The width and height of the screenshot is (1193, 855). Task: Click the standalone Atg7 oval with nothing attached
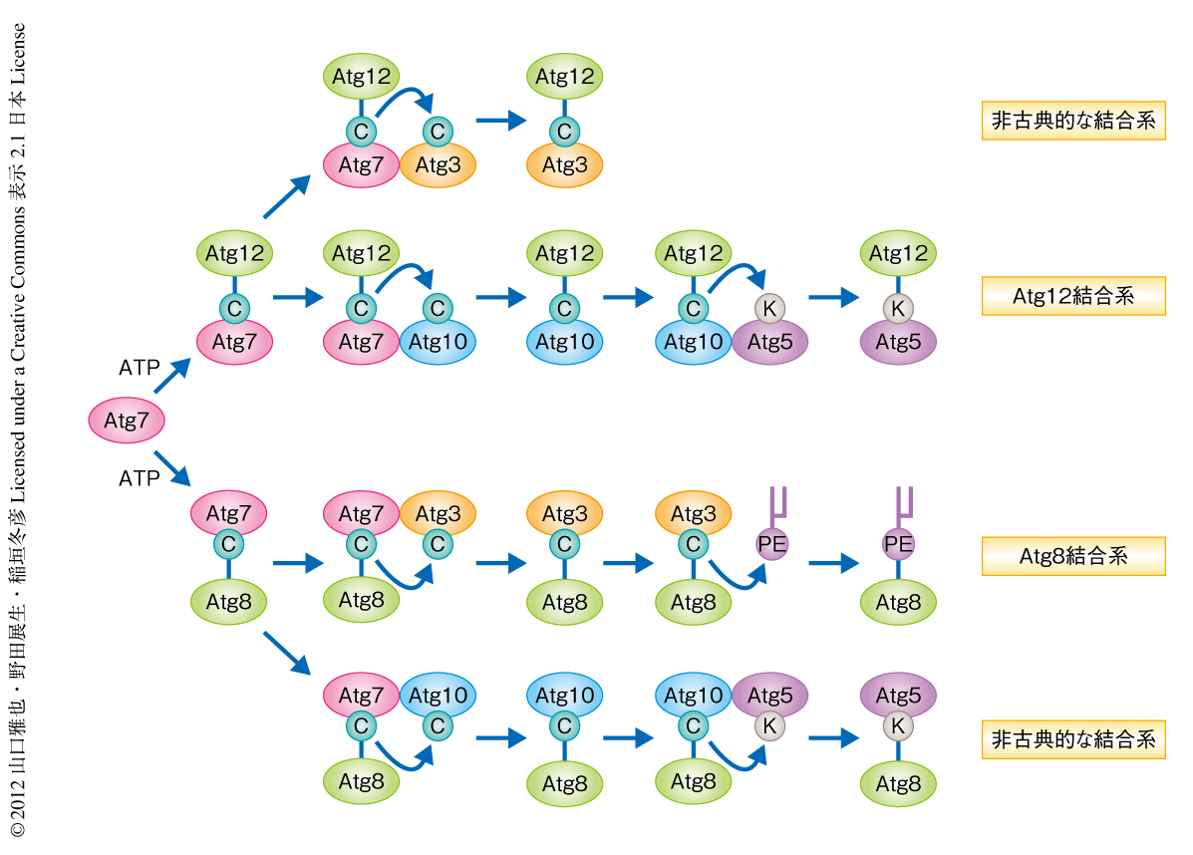[x=127, y=421]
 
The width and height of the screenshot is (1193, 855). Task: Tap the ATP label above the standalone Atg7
[x=139, y=368]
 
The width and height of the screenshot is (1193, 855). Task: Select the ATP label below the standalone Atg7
[x=139, y=479]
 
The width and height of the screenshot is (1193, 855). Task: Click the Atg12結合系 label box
[x=1073, y=296]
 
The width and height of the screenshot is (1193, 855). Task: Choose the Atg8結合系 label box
[x=1073, y=556]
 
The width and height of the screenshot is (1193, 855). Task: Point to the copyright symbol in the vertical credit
[x=17, y=828]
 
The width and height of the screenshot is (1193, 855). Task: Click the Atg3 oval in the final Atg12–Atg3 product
[x=565, y=165]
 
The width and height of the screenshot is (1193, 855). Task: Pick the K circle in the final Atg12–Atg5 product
[x=898, y=309]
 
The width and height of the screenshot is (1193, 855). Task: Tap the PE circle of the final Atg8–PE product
[x=898, y=544]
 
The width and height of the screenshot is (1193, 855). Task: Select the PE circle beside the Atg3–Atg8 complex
[x=769, y=544]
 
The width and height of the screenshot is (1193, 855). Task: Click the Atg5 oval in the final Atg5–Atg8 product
[x=898, y=696]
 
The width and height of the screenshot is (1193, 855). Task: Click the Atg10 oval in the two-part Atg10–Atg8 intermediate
[x=565, y=696]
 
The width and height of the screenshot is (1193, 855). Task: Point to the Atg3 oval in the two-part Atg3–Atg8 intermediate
[x=565, y=514]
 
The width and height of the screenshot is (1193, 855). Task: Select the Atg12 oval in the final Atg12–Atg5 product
[x=898, y=254]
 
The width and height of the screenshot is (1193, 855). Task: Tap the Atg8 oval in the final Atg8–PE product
[x=898, y=602]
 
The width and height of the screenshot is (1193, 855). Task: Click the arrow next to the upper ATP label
[x=171, y=376]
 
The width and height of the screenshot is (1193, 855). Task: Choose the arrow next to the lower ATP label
[x=171, y=467]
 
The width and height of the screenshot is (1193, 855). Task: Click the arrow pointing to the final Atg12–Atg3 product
[x=500, y=122]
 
